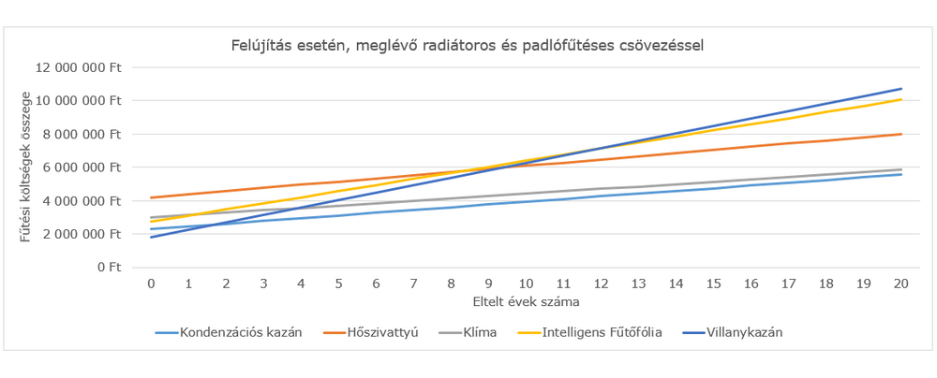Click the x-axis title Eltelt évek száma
526,302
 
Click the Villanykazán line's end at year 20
901,89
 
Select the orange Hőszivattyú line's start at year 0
151,197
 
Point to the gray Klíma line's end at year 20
901,169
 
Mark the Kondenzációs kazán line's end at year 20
901,174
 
